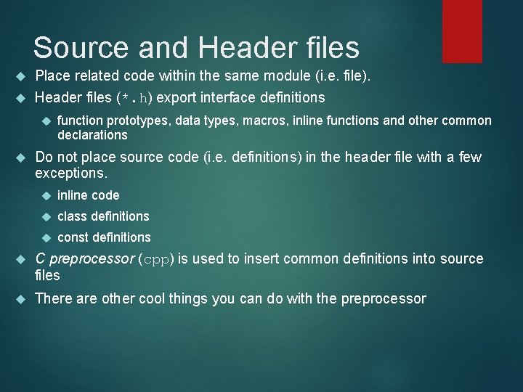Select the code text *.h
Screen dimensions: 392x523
(136, 97)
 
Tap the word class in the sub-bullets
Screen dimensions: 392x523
(72, 216)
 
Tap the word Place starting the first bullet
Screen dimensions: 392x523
(53, 75)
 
